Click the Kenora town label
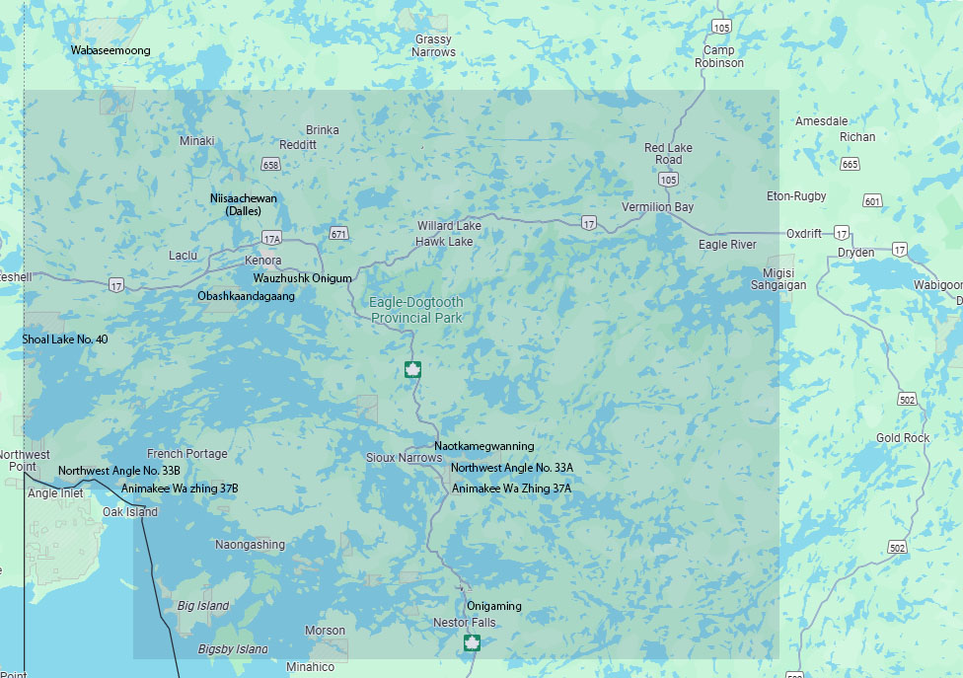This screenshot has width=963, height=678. [x=263, y=261]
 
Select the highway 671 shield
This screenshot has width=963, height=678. [x=339, y=234]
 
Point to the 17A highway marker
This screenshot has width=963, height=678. [x=272, y=239]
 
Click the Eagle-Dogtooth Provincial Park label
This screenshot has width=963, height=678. [x=416, y=310]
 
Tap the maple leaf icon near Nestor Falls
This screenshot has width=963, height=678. [x=473, y=644]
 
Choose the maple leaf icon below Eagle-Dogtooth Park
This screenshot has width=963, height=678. [x=412, y=370]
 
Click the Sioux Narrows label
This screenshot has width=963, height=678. [x=404, y=458]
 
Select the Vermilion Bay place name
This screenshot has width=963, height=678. [x=657, y=207]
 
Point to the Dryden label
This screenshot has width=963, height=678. [x=855, y=253]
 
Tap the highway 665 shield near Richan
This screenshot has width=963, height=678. [x=850, y=164]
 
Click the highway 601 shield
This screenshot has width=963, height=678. [x=871, y=201]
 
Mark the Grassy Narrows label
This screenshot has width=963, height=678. [x=434, y=46]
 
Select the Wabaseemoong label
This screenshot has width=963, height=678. [x=110, y=49]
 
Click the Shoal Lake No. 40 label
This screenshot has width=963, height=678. [x=65, y=339]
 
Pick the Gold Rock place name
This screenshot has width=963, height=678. [x=903, y=438]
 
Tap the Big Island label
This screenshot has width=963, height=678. [x=203, y=606]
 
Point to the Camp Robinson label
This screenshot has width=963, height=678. [x=719, y=56]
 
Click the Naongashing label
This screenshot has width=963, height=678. [x=250, y=545]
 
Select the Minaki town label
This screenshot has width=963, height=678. [x=196, y=141]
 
